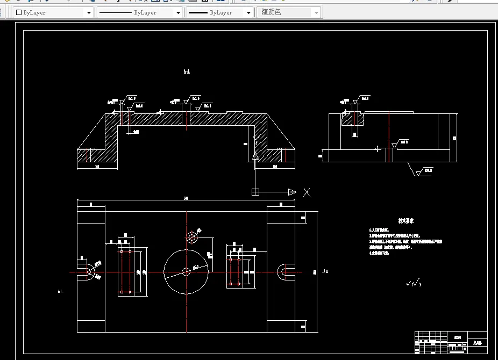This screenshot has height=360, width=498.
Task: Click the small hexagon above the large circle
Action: pyautogui.click(x=191, y=237)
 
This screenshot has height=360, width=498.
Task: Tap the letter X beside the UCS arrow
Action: pyautogui.click(x=307, y=192)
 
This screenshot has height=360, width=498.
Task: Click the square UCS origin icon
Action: pyautogui.click(x=255, y=192)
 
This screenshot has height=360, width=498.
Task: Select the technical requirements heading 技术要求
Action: pyautogui.click(x=405, y=221)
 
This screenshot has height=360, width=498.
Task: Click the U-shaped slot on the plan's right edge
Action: pyautogui.click(x=284, y=272)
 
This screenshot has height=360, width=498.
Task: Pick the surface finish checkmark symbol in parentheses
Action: pyautogui.click(x=414, y=284)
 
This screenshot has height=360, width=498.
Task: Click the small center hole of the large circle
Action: pyautogui.click(x=186, y=272)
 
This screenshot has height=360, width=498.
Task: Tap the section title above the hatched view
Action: pyautogui.click(x=187, y=71)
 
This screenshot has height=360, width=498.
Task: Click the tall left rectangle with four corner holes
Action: pyautogui.click(x=126, y=272)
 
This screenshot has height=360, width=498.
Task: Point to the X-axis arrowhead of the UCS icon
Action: pyautogui.click(x=291, y=192)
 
